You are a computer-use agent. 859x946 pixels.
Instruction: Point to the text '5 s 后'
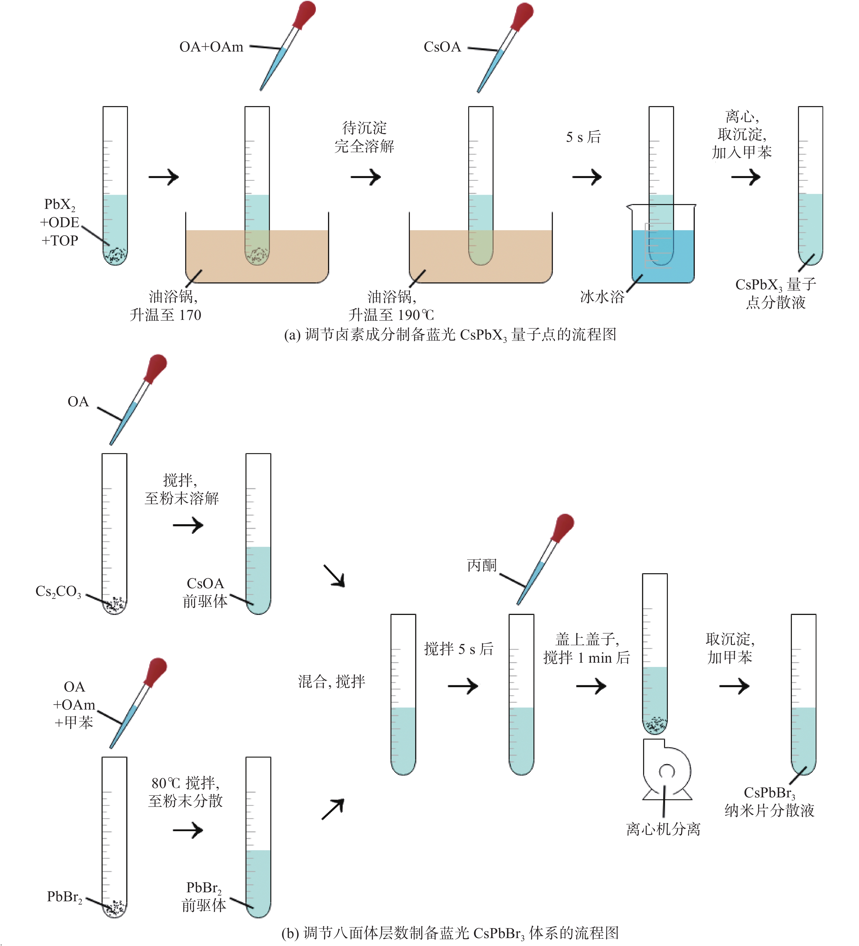point(583,137)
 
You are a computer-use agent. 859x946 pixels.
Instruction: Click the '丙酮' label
point(482,565)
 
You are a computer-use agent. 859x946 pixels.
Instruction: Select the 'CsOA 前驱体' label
point(205,592)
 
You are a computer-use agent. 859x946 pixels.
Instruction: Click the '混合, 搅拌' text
point(332,681)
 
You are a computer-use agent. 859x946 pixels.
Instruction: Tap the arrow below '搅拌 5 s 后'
point(463,686)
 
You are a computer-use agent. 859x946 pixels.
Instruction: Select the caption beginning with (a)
point(450,335)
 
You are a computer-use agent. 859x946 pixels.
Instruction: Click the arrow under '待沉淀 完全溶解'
point(366,177)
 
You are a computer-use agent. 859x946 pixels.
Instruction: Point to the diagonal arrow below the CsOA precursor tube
point(334,576)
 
